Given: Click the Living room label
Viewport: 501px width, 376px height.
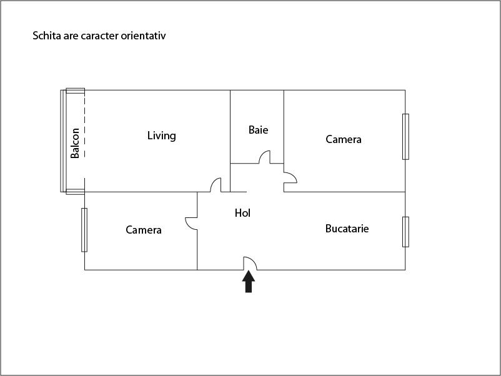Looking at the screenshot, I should click(161, 136).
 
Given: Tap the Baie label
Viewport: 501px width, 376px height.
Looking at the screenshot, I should click(258, 130).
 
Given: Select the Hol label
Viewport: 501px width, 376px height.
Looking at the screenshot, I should click(242, 213).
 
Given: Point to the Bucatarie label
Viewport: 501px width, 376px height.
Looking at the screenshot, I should click(347, 229).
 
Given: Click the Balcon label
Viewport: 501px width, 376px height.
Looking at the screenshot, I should click(75, 143).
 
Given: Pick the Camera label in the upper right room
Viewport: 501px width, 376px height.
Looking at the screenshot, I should click(344, 139).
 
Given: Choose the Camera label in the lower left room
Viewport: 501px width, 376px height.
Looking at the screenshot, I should click(144, 230).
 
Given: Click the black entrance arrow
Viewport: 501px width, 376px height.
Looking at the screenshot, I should click(249, 281).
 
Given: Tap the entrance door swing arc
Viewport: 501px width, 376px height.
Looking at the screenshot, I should click(249, 264).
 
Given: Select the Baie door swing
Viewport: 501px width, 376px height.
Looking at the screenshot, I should click(265, 157).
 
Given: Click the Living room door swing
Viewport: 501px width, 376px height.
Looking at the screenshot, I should click(216, 185).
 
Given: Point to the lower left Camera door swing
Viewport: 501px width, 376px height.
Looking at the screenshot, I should click(191, 223).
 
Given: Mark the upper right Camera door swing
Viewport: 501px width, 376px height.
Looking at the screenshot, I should click(290, 179).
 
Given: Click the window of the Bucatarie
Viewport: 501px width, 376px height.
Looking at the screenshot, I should click(405, 232).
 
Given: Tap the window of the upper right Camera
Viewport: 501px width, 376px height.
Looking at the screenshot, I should click(405, 136).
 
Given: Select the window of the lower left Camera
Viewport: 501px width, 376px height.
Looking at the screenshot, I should click(84, 229).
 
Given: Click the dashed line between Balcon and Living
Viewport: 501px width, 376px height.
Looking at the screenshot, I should click(84, 141).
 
